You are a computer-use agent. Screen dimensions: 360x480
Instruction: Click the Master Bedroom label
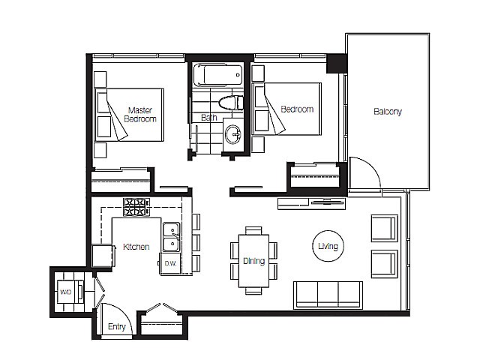pyautogui.click(x=140, y=114)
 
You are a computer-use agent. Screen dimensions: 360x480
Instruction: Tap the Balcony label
pyautogui.click(x=388, y=112)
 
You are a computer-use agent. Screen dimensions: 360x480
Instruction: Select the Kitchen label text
pyautogui.click(x=136, y=247)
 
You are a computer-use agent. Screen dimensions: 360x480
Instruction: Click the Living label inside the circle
pyautogui.click(x=328, y=246)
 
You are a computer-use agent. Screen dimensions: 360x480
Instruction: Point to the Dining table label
pyautogui.click(x=253, y=261)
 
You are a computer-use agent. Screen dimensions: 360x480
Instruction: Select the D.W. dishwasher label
pyautogui.click(x=169, y=263)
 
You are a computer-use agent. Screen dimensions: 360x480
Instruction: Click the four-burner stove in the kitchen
pyautogui.click(x=136, y=206)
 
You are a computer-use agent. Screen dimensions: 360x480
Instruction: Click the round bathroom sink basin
pyautogui.click(x=232, y=135)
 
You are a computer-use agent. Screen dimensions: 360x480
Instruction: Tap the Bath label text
pyautogui.click(x=209, y=118)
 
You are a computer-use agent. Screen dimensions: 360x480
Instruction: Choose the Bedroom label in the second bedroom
pyautogui.click(x=296, y=109)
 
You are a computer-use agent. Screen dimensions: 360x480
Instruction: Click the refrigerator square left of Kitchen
pyautogui.click(x=101, y=256)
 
